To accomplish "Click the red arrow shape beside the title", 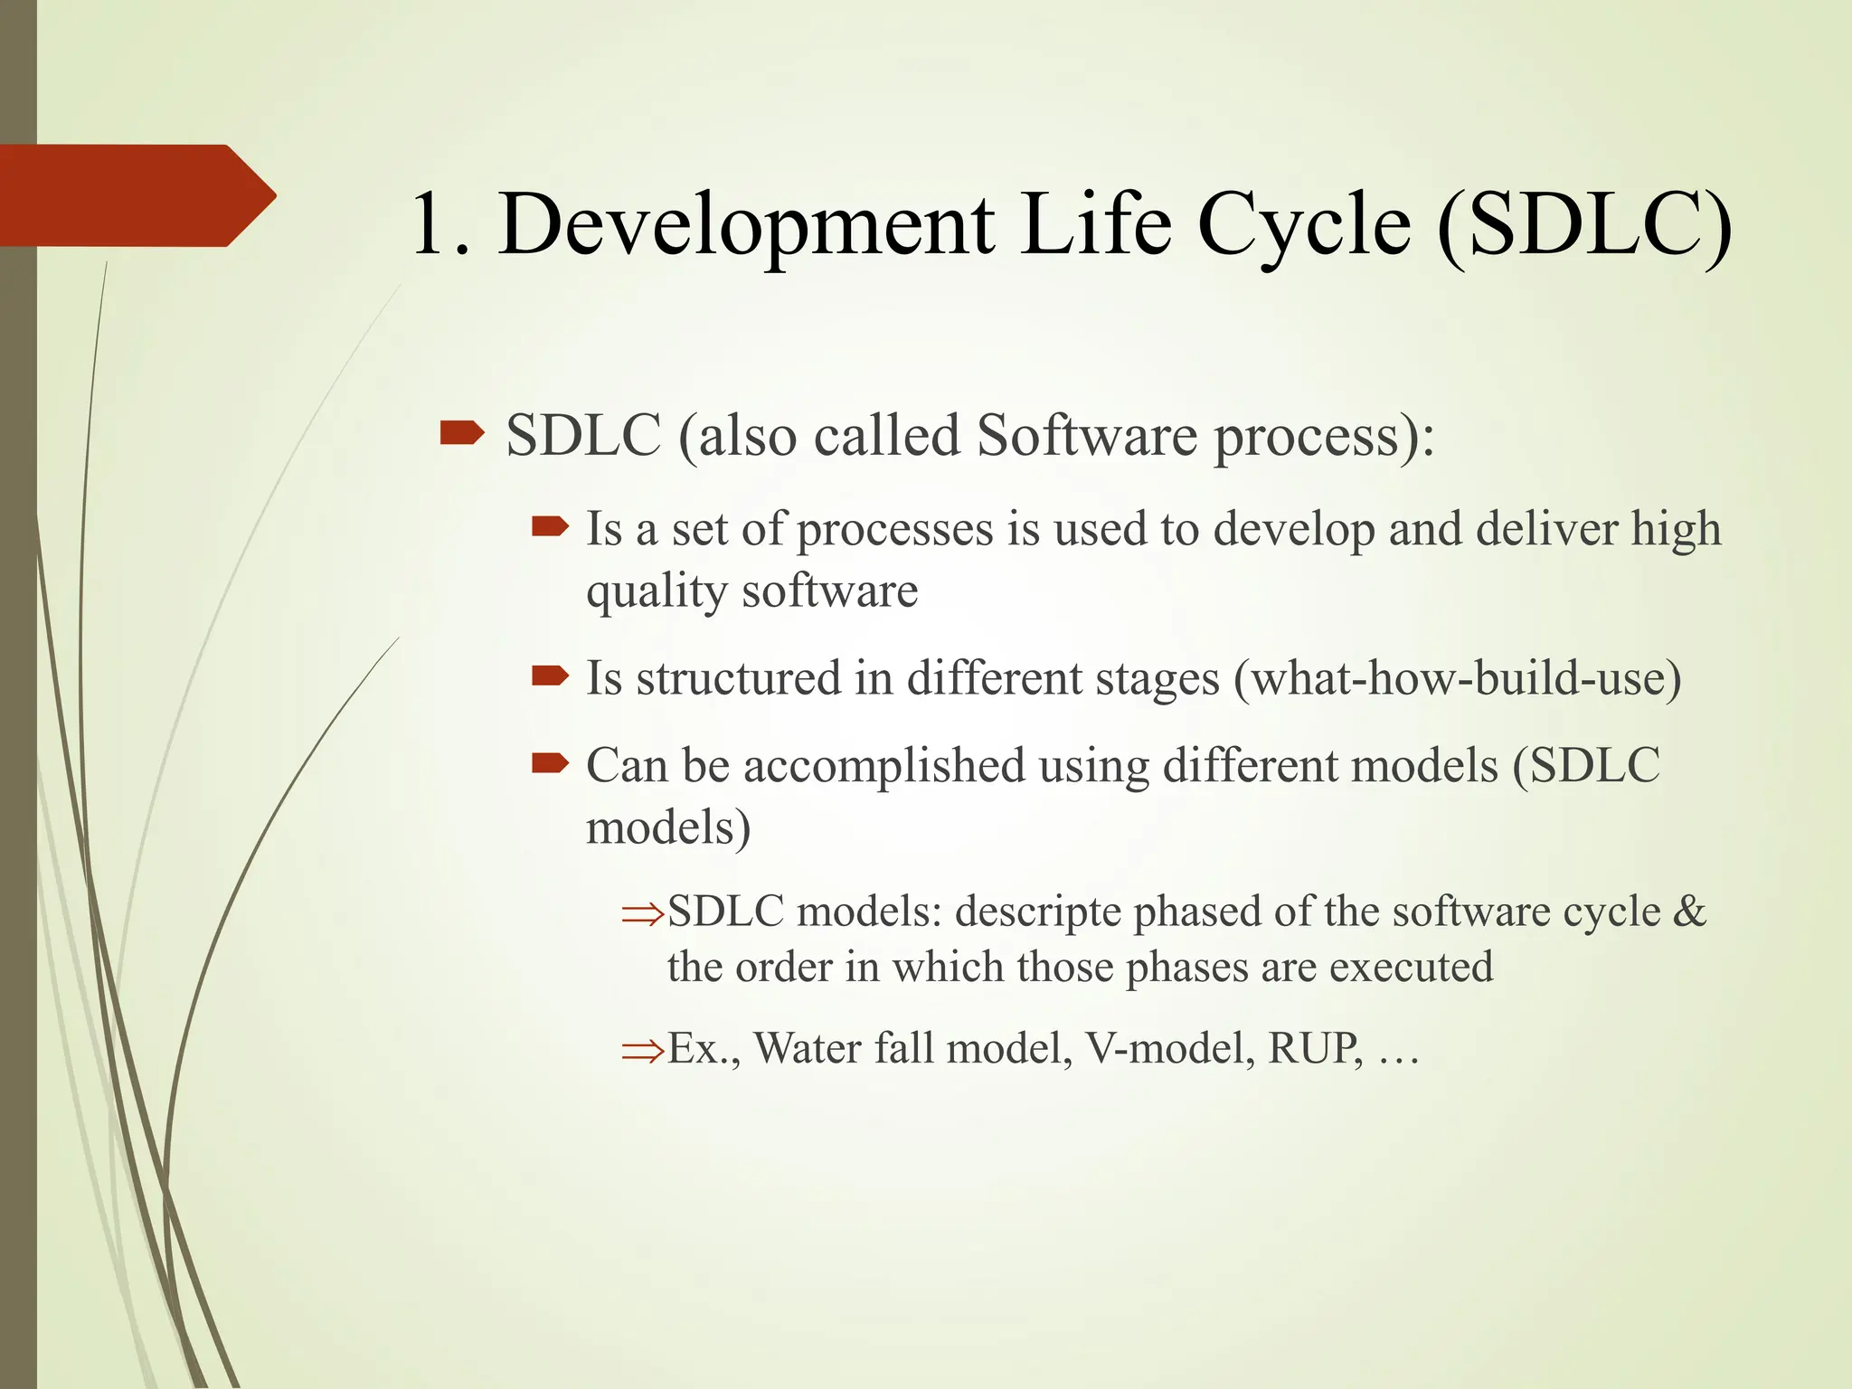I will click(136, 195).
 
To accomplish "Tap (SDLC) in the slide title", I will click(1583, 224).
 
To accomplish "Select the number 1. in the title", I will click(440, 224).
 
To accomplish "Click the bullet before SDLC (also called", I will click(462, 436).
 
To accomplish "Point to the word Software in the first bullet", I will click(1086, 436).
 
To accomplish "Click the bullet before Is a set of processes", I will click(550, 526).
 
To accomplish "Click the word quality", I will click(657, 592).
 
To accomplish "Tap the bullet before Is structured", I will click(550, 676).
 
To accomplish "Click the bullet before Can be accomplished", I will click(550, 764).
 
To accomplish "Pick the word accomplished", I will click(883, 767).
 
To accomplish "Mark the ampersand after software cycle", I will click(1688, 911).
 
